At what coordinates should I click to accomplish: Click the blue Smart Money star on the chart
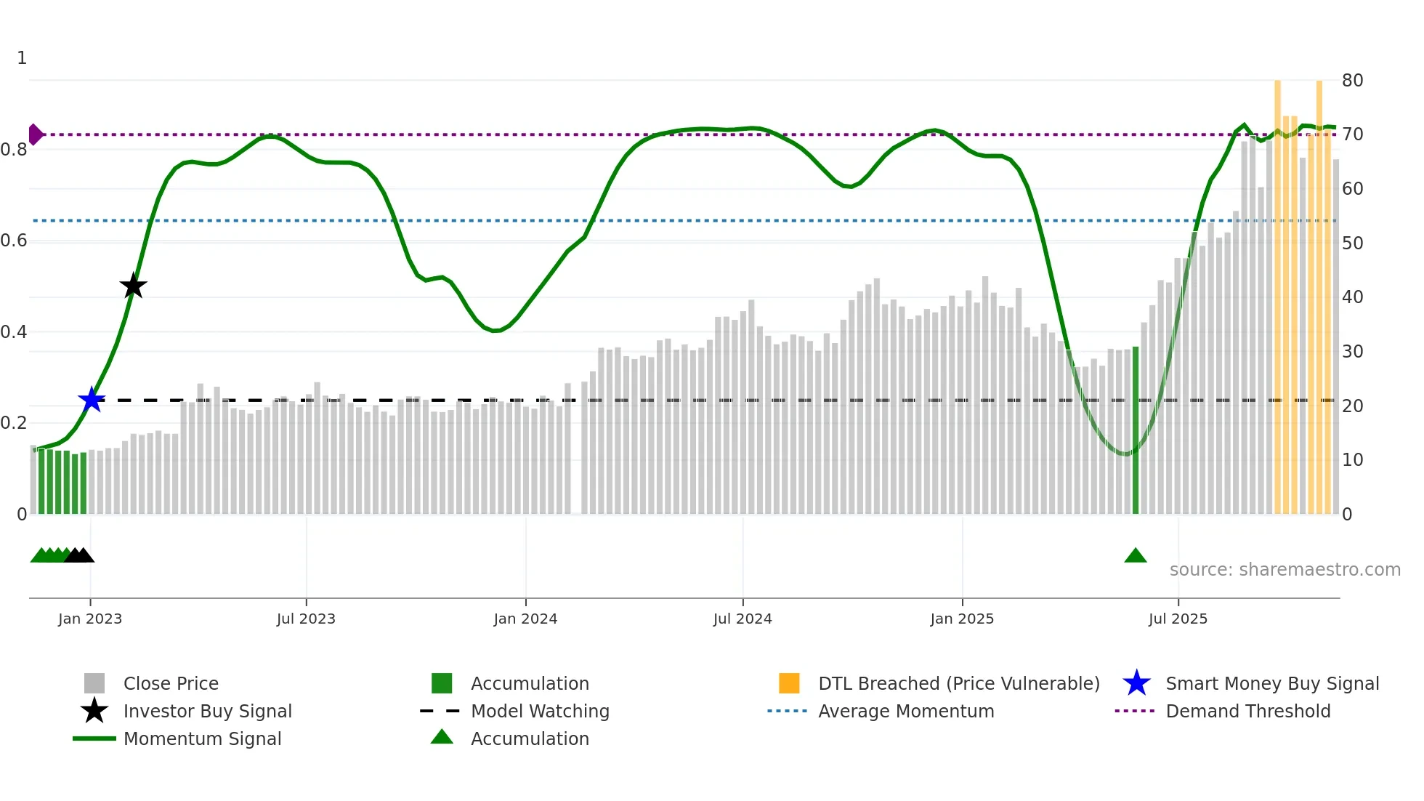click(92, 400)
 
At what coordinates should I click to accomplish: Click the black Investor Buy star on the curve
click(133, 286)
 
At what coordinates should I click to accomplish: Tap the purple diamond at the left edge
click(34, 134)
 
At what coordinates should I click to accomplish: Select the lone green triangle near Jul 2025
click(1135, 556)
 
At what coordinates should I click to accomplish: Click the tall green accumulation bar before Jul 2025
click(1136, 430)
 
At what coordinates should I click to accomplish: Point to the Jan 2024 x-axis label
click(525, 619)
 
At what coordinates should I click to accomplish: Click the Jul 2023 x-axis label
click(306, 619)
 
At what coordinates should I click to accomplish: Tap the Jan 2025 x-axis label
click(962, 619)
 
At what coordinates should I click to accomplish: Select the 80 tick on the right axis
click(1352, 81)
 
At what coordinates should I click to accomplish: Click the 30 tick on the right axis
click(1352, 352)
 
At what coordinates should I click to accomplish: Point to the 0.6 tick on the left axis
click(14, 241)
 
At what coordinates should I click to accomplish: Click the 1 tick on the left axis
click(22, 58)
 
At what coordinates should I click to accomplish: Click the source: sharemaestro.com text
click(1285, 570)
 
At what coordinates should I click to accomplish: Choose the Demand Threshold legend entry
click(1247, 711)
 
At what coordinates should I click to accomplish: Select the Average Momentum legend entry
click(905, 711)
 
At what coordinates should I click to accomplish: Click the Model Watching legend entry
click(539, 711)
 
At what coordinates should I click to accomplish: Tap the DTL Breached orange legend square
click(789, 683)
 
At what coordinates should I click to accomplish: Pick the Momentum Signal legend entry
click(202, 738)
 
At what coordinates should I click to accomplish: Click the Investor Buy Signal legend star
click(94, 711)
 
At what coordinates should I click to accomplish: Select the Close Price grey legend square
click(94, 683)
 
